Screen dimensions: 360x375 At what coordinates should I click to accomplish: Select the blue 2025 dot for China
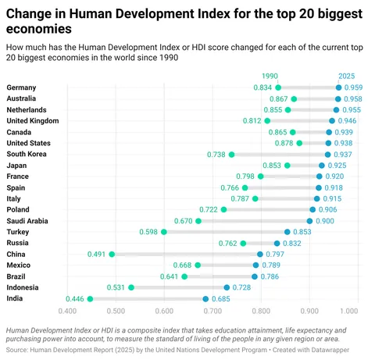pos(260,254)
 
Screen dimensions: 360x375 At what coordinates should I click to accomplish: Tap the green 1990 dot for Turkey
pos(164,232)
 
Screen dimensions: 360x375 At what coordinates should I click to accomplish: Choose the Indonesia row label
pos(24,287)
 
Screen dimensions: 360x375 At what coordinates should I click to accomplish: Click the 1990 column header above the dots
pos(270,76)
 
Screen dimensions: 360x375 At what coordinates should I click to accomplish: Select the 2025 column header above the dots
pos(348,76)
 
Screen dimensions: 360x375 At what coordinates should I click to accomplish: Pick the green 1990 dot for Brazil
pos(184,276)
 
